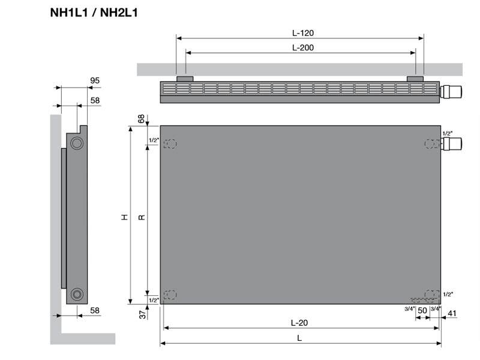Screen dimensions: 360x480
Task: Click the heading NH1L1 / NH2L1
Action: (94, 11)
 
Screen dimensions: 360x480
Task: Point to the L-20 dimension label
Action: (299, 322)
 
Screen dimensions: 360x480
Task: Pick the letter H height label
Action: (124, 217)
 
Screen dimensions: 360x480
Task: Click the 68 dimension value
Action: (142, 119)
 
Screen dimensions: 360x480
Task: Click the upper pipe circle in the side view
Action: (77, 143)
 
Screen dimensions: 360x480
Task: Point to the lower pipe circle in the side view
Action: (77, 293)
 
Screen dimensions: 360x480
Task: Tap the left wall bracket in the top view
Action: (184, 79)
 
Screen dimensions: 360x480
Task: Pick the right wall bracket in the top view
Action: (415, 79)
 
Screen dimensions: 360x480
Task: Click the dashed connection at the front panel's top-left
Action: (170, 144)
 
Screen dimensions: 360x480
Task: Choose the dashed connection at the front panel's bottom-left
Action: (170, 295)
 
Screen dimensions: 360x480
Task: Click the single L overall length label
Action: (299, 338)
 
